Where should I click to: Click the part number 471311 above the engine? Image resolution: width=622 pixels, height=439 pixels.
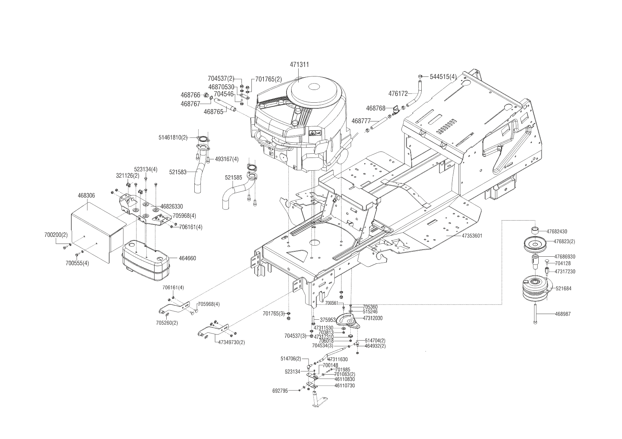pos(299,65)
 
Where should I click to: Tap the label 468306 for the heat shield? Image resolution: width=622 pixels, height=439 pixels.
pos(86,195)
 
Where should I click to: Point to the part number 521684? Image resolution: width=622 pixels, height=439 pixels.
pos(563,289)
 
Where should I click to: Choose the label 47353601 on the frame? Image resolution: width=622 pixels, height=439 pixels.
pos(472,236)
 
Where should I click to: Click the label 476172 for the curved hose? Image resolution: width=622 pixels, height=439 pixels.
pos(398,94)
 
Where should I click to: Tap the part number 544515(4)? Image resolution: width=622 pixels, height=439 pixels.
pos(443,77)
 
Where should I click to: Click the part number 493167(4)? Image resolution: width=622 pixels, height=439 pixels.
pos(227,159)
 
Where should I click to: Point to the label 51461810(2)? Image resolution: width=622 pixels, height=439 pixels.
pos(173,137)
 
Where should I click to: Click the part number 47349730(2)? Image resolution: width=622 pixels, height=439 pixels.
pos(230,342)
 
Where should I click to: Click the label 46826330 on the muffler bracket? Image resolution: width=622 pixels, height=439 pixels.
pos(172,206)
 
